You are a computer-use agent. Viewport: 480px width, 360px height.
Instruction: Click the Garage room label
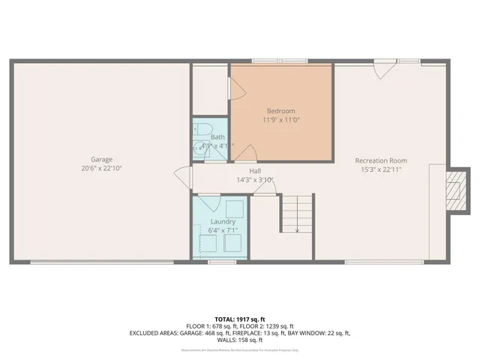[x=102, y=160]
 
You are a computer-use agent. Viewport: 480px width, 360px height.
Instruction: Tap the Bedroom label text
[x=281, y=111]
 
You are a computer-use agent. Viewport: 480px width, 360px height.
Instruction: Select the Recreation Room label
[x=381, y=160]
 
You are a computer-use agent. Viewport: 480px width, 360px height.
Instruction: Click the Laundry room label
[x=223, y=221]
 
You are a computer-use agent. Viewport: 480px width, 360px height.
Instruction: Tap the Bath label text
[x=217, y=137]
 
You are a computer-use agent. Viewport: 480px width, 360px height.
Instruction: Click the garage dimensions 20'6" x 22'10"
[x=102, y=169]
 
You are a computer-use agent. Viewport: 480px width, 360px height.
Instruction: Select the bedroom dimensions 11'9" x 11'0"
[x=281, y=120]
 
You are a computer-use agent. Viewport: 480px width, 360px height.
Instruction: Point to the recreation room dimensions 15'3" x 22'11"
[x=381, y=169]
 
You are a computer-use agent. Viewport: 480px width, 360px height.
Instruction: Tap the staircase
[x=295, y=214]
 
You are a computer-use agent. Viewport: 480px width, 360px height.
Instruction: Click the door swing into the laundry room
[x=210, y=202]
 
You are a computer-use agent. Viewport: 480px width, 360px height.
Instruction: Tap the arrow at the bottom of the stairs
[x=298, y=229]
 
